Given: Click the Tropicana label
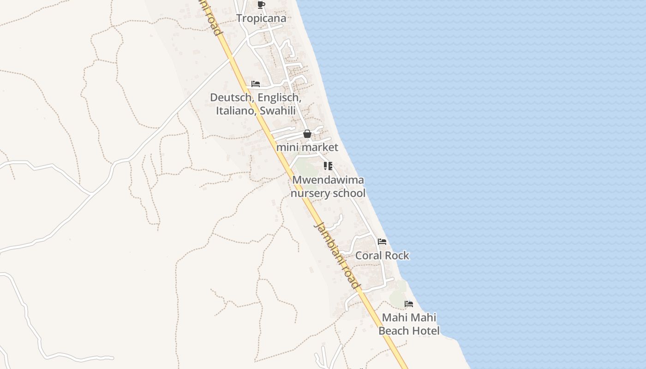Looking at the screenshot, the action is [x=261, y=18].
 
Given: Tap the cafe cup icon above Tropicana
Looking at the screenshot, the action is [x=261, y=5].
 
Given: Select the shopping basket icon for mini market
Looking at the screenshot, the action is [x=307, y=134].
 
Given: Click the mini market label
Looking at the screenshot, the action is [x=307, y=148].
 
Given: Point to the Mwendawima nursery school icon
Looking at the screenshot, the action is [x=328, y=166].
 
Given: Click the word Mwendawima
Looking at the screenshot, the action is [x=328, y=180].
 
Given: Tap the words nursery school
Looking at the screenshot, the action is [x=328, y=193].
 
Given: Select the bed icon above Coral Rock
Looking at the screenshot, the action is [x=382, y=241].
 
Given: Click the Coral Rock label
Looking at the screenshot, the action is [x=382, y=256].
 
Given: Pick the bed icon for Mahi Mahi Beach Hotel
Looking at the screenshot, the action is [x=409, y=304].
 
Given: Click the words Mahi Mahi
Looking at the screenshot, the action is [x=409, y=318].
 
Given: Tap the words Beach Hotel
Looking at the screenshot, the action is [x=409, y=331].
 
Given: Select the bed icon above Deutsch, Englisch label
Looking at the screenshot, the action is [x=256, y=84].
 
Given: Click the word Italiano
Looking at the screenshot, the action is [x=236, y=111].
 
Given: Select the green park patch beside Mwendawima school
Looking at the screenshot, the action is [x=302, y=167].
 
